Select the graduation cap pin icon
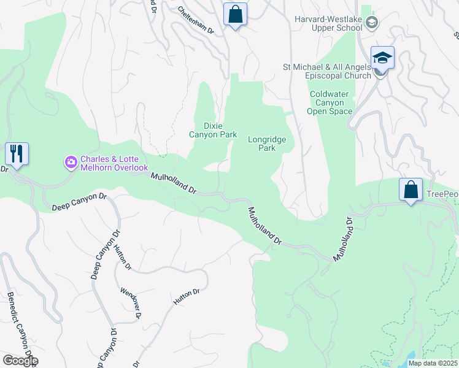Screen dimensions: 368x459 (382, 58)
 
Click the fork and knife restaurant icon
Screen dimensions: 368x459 (15, 153)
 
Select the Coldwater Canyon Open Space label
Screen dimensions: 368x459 (331, 102)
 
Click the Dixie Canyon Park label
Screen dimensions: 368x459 (212, 130)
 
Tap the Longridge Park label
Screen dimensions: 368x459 (267, 144)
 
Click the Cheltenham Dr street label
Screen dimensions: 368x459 (196, 21)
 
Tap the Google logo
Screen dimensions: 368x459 (20, 361)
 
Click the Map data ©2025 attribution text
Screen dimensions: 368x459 (433, 363)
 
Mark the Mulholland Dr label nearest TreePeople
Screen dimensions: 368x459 (344, 240)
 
